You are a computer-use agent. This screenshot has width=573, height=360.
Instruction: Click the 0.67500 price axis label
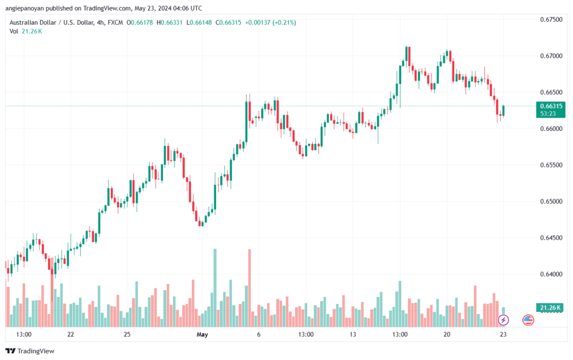coord(551,20)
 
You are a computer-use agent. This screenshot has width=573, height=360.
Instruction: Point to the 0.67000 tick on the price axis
coord(551,56)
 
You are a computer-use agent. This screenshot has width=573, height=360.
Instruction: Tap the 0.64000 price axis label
coord(551,274)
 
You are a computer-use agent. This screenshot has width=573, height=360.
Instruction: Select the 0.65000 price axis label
coord(551,202)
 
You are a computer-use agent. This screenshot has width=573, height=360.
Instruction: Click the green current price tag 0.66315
coord(551,110)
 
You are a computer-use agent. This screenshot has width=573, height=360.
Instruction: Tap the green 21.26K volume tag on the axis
coord(549,308)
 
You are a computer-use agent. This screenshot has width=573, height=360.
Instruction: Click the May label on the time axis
coord(202,334)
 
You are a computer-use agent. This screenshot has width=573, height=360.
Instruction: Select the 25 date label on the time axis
coord(127,334)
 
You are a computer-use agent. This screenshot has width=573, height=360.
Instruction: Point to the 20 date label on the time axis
coord(447,334)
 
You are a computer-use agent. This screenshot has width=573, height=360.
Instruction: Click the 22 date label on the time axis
coord(71,334)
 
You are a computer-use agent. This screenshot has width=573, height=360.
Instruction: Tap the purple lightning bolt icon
coord(503,320)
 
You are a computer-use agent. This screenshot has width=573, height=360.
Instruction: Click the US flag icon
coord(528,320)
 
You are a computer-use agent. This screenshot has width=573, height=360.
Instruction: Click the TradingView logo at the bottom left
coord(30,351)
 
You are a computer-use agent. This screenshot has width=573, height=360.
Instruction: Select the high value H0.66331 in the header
coord(170,22)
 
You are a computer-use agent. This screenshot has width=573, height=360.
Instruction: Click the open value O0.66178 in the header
coord(139,22)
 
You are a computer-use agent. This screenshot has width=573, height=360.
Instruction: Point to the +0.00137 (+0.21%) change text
coord(270,22)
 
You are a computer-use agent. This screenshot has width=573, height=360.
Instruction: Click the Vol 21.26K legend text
coord(26,31)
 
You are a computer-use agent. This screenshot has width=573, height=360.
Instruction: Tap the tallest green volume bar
coord(215,288)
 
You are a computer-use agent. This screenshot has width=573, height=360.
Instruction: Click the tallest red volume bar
coord(250,288)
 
